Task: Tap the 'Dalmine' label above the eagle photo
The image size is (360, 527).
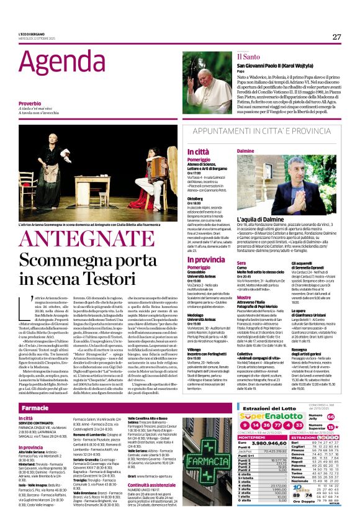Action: (246, 151)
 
